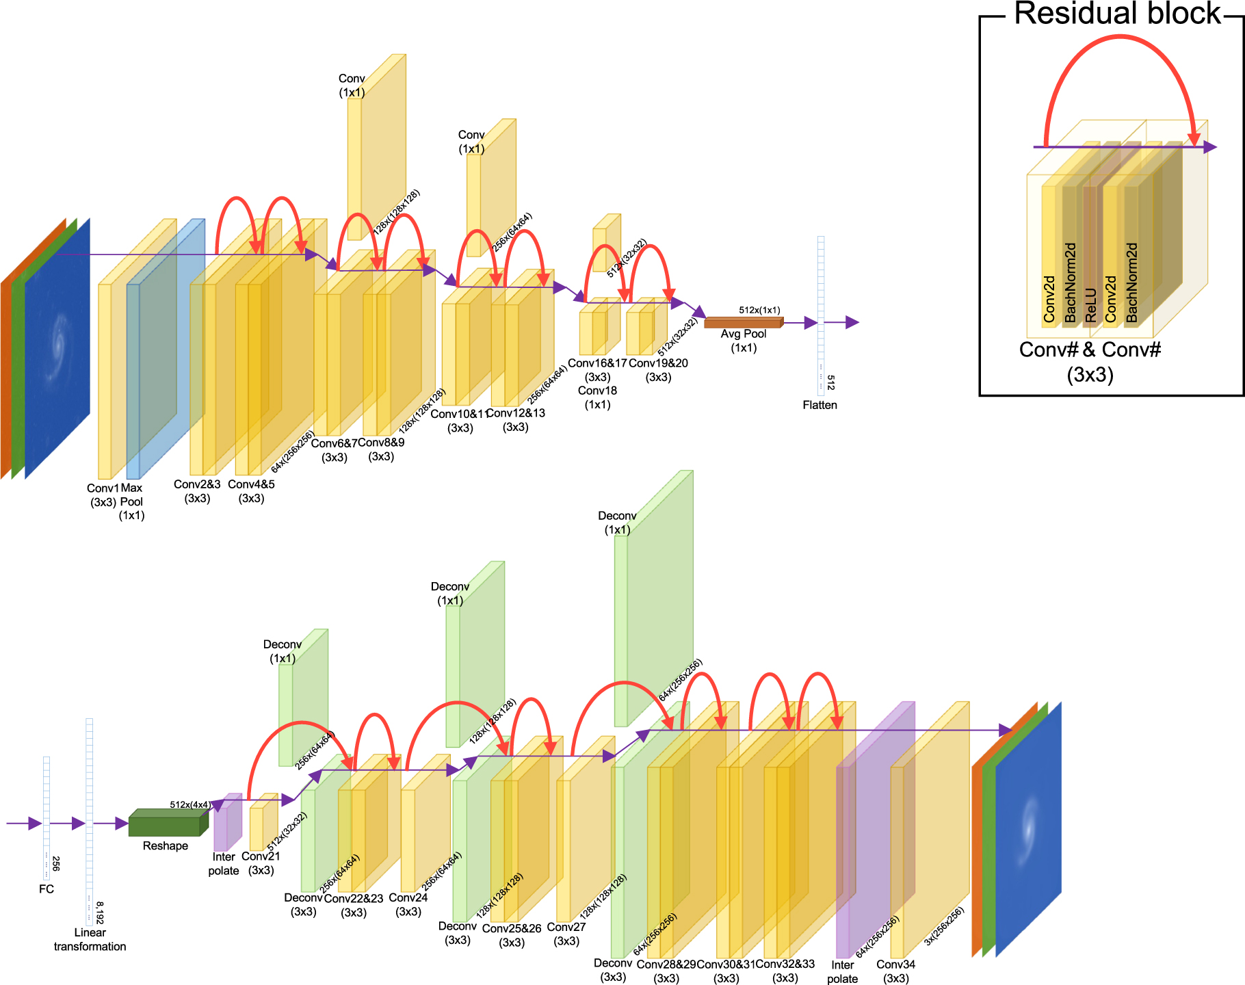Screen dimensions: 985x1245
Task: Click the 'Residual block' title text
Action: (1116, 14)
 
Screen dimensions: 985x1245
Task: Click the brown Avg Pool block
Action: (743, 322)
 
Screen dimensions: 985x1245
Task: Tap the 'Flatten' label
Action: (820, 405)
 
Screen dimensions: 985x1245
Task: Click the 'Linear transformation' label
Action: (90, 939)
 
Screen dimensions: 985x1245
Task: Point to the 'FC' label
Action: (46, 889)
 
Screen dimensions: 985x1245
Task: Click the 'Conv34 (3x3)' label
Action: (895, 971)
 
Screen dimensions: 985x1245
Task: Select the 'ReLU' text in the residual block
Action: (1090, 304)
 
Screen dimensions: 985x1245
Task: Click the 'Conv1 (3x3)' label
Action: (103, 495)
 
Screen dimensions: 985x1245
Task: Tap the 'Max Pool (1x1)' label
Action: (131, 501)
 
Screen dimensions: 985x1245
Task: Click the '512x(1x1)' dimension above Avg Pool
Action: (759, 310)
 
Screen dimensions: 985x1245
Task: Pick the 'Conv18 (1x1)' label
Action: (597, 397)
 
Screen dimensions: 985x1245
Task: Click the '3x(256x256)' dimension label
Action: (944, 926)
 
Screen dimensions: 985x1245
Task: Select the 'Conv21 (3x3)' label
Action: (261, 863)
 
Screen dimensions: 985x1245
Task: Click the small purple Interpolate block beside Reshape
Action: (226, 824)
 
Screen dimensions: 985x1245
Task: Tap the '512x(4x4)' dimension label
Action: (190, 804)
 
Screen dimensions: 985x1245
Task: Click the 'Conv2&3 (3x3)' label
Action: (197, 491)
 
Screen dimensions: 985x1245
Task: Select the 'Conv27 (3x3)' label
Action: (566, 934)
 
